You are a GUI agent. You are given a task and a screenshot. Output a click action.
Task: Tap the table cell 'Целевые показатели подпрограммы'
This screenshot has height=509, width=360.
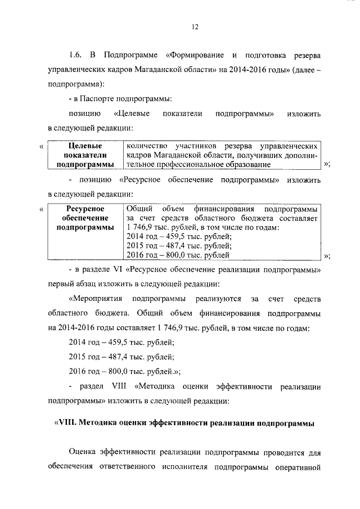[85, 155]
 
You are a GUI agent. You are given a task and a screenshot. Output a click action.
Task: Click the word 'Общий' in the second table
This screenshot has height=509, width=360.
[138, 208]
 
